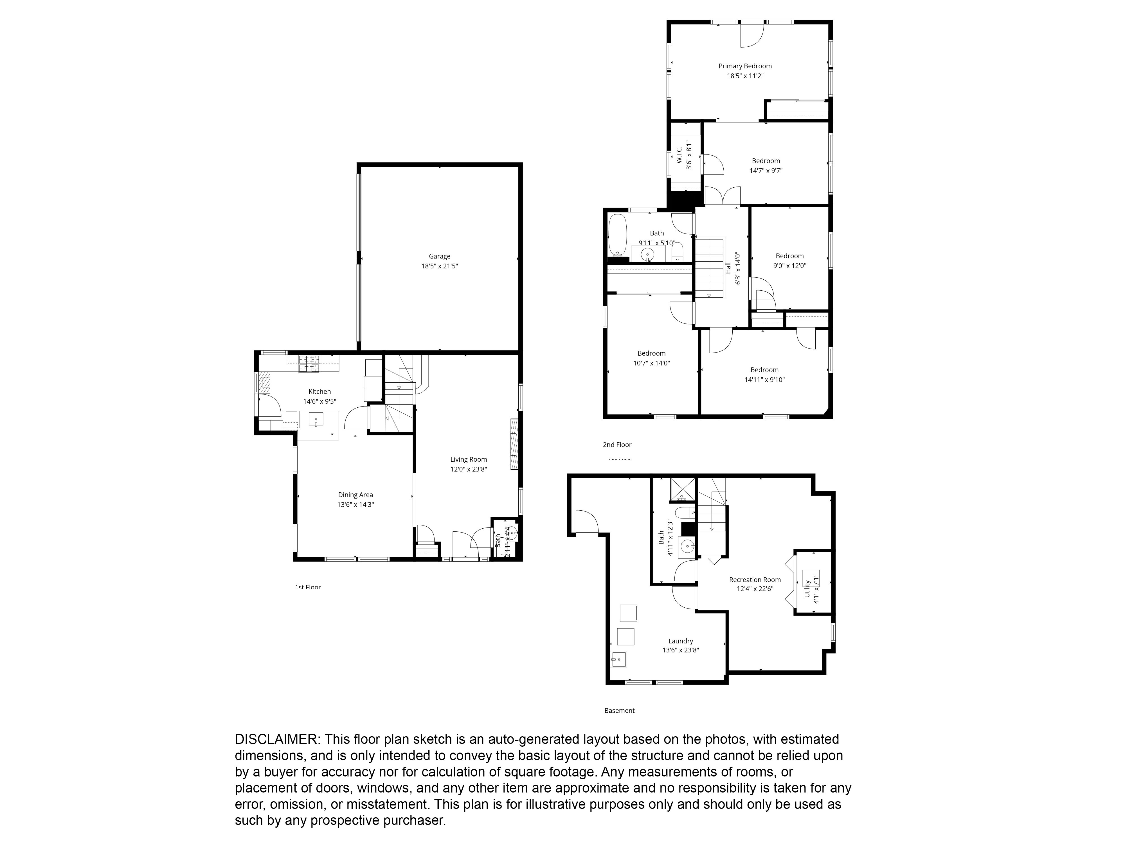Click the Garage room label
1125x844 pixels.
pyautogui.click(x=439, y=256)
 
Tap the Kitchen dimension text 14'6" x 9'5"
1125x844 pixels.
pyautogui.click(x=319, y=401)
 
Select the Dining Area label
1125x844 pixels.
pyautogui.click(x=355, y=495)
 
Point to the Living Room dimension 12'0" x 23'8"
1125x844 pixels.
pyautogui.click(x=468, y=469)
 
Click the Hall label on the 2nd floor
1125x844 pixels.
pyautogui.click(x=728, y=268)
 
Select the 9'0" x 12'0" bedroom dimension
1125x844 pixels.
pyautogui.click(x=789, y=266)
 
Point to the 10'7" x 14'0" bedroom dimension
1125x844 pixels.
pyautogui.click(x=651, y=363)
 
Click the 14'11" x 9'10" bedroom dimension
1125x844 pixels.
pyautogui.click(x=764, y=380)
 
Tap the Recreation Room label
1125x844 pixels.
pyautogui.click(x=755, y=580)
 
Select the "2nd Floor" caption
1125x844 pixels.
pyautogui.click(x=617, y=445)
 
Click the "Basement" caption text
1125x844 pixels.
pyautogui.click(x=620, y=711)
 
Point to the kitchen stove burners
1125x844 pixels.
pyautogui.click(x=309, y=364)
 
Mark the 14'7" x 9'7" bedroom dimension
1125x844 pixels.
pyautogui.click(x=766, y=171)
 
